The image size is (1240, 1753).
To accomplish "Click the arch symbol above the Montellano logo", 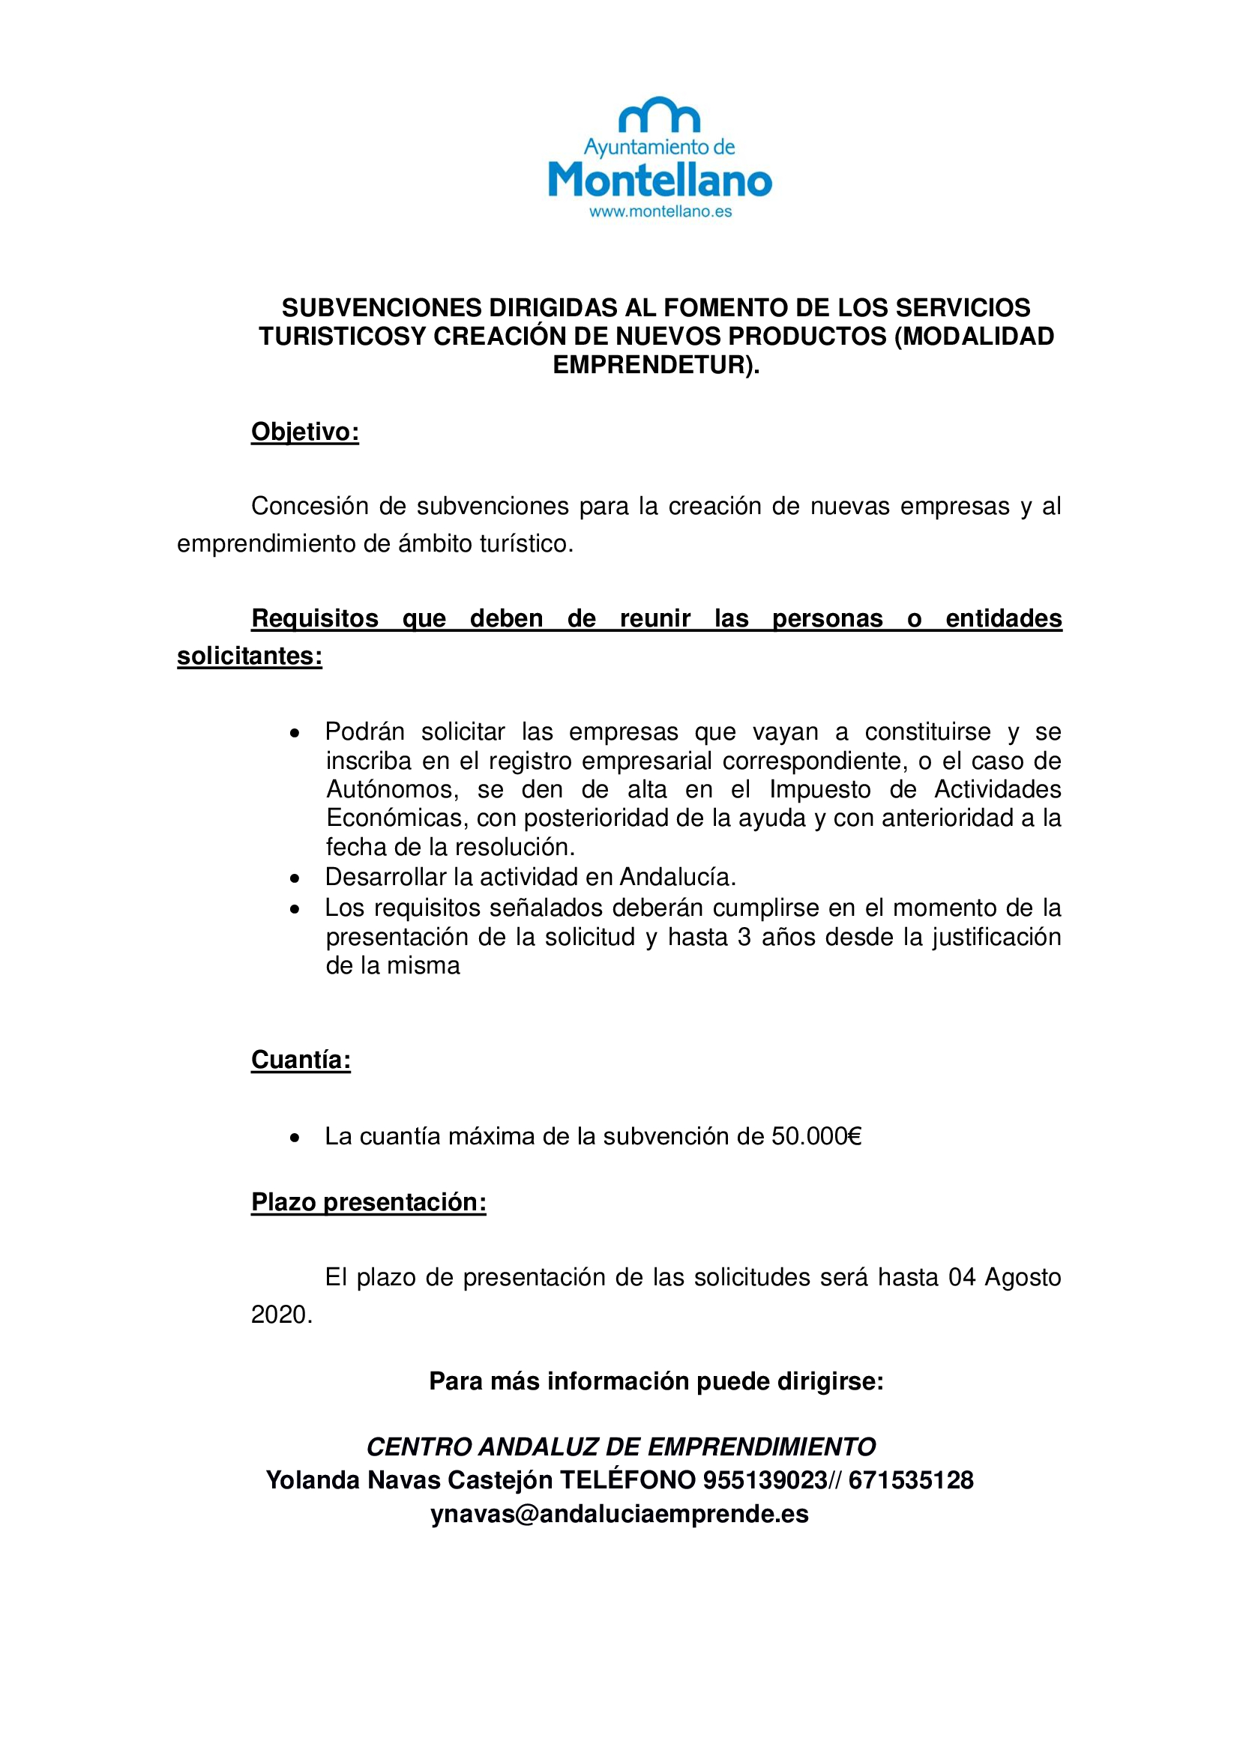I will [x=659, y=115].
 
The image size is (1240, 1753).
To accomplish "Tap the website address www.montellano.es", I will [x=660, y=211].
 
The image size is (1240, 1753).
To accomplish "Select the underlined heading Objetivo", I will [x=304, y=432].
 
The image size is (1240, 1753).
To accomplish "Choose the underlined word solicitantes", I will [x=249, y=656].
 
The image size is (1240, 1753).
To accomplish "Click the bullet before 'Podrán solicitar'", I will [x=295, y=733].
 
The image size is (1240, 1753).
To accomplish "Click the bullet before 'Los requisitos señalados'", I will [x=295, y=909].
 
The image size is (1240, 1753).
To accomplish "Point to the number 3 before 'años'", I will [x=744, y=937].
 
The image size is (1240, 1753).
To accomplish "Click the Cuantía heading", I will [x=301, y=1060].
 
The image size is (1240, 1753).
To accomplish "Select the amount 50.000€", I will [x=816, y=1137].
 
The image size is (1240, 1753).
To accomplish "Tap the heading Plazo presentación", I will [x=369, y=1202].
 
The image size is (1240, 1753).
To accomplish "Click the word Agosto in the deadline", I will [x=1023, y=1277].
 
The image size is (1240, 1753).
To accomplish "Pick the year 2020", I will [x=280, y=1315].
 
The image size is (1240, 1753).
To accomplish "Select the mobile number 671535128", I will [x=911, y=1479].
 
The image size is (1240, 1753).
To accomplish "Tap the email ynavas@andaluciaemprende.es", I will [x=619, y=1514].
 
